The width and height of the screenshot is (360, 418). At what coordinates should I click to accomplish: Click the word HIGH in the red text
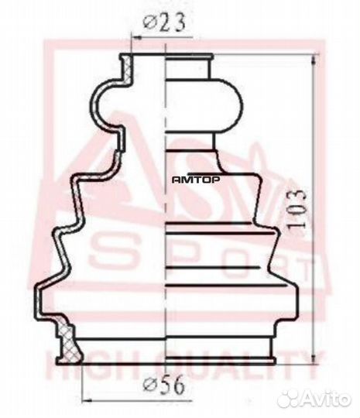(85, 361)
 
